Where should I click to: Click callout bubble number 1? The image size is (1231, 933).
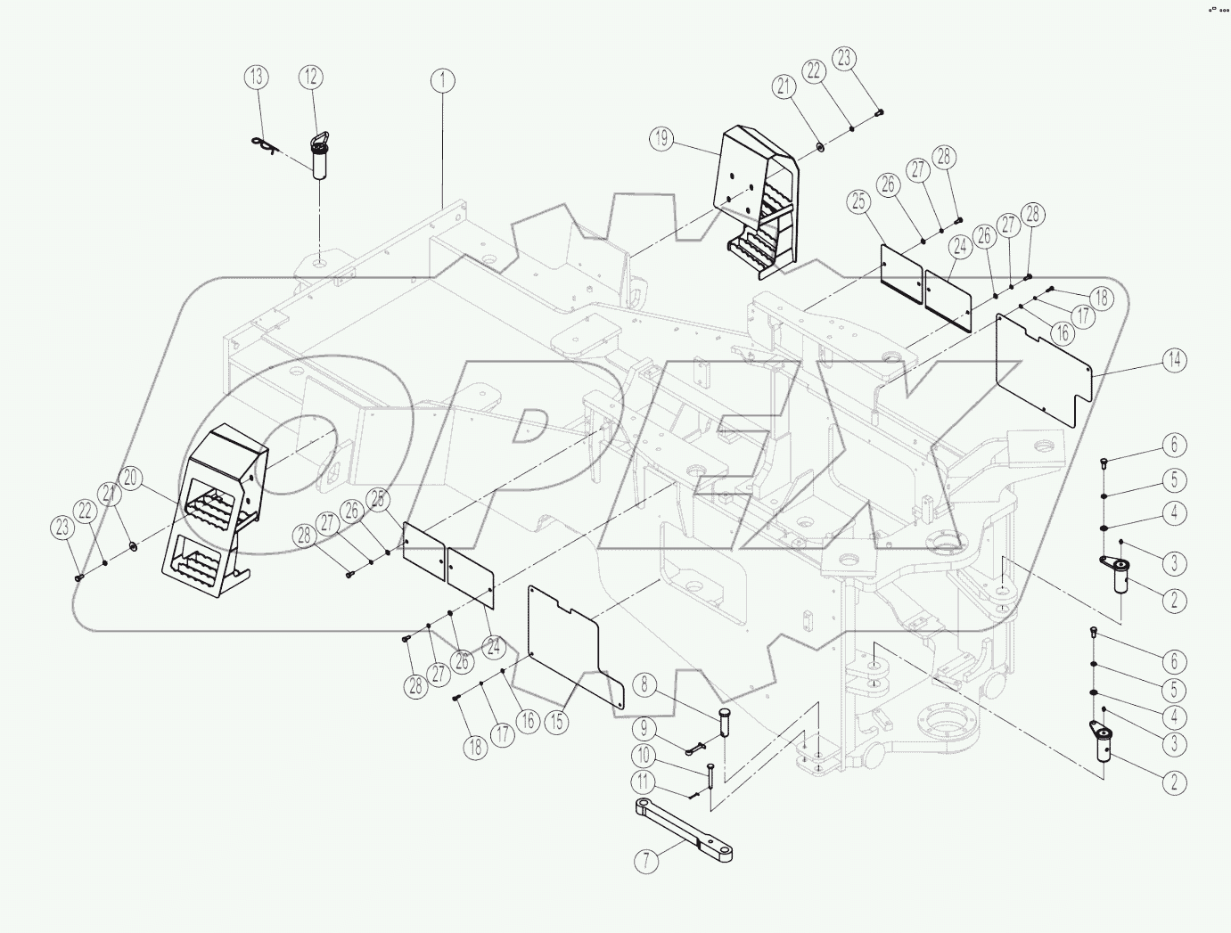[442, 80]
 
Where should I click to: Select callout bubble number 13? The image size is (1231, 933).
[256, 77]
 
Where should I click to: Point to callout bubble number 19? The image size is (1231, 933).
[661, 138]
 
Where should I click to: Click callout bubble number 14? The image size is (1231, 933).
[1174, 360]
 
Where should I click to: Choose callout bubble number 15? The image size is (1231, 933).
[556, 721]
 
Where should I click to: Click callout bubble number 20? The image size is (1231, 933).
[131, 479]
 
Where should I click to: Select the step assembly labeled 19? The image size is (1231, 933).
[758, 196]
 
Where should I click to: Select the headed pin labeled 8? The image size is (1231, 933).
[724, 722]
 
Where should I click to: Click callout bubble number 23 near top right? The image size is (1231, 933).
[843, 59]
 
